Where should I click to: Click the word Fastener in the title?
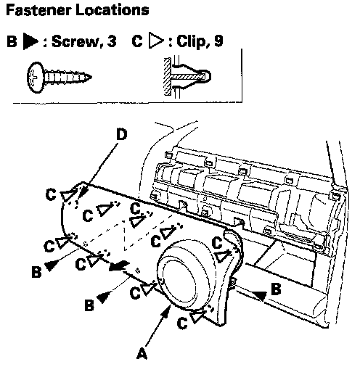tap(38, 10)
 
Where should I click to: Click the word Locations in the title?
tap(112, 10)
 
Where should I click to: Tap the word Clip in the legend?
tap(191, 41)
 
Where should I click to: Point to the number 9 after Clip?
tap(218, 41)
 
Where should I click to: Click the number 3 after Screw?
tap(112, 41)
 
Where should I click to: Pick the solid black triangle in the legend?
tap(30, 41)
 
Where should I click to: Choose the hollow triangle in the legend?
tap(156, 40)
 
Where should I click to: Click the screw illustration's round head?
tap(35, 78)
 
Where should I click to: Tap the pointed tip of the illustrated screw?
tap(91, 78)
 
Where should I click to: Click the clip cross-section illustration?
tap(187, 77)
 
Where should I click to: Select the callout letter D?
tap(122, 135)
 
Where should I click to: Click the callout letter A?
tap(142, 353)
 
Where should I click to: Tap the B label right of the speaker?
tap(276, 289)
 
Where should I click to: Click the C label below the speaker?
tap(182, 323)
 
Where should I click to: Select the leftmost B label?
tap(36, 271)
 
